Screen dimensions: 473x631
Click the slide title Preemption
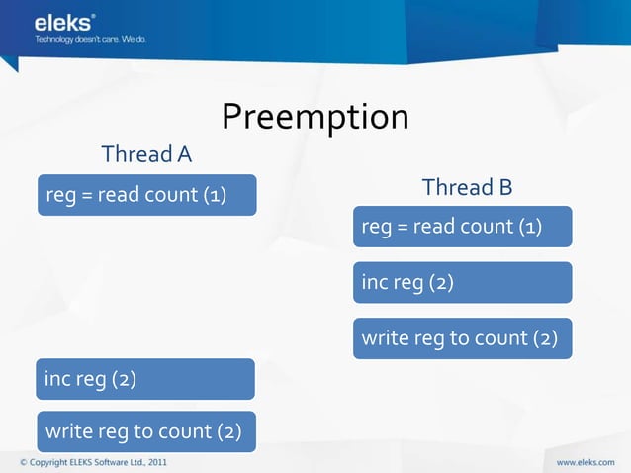[x=315, y=117]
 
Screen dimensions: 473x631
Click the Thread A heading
[x=146, y=154]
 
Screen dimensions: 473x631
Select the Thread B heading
[x=467, y=187]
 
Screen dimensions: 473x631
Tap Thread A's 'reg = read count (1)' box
[x=146, y=195]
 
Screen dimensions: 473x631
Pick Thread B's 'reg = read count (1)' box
[x=462, y=227]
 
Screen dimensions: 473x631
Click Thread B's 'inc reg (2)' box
[x=462, y=283]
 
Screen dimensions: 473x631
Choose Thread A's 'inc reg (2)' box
[x=145, y=379]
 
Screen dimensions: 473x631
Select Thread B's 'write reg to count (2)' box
[x=462, y=338]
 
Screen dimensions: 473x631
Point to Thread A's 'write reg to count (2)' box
[x=145, y=431]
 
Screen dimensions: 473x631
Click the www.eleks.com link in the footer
[x=587, y=461]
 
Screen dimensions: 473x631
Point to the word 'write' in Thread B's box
[x=383, y=338]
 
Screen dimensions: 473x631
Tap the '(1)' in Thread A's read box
[x=215, y=195]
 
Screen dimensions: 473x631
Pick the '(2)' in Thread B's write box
[x=545, y=338]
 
